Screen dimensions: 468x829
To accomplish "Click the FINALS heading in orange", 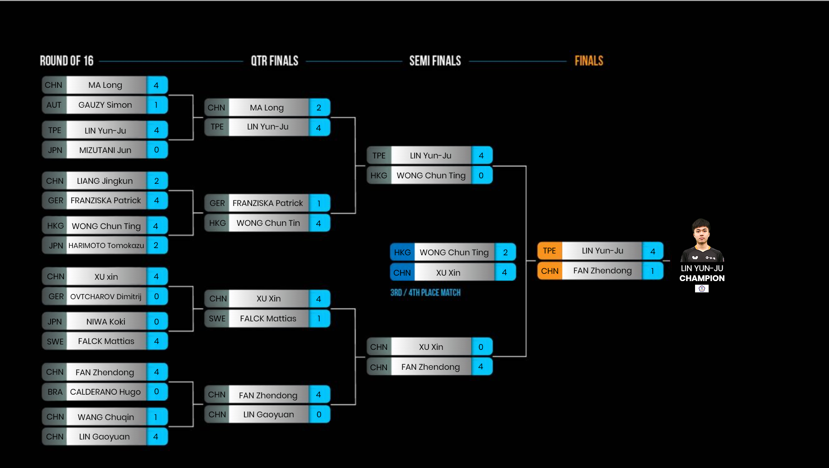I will click(589, 61).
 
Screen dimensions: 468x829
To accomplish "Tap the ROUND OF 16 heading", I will click(67, 61).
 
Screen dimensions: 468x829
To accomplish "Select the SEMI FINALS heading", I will click(435, 61).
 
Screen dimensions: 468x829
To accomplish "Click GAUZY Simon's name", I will click(105, 105).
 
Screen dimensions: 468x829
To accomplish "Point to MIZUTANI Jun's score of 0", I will click(157, 150).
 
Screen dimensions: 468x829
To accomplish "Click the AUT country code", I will click(54, 105).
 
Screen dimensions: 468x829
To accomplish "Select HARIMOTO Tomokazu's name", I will click(106, 245).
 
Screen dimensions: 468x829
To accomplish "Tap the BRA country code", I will click(55, 392).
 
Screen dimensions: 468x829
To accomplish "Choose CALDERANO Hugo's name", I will click(105, 392).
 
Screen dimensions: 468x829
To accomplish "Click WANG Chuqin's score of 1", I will click(156, 417).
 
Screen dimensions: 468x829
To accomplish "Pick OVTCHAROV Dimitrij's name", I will click(106, 296).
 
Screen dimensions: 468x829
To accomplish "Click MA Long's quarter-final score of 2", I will click(319, 108).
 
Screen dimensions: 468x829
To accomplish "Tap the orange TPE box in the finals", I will click(549, 251).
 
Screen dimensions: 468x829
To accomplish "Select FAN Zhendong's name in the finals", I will click(602, 271).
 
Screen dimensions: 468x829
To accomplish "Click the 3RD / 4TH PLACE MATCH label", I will click(425, 292).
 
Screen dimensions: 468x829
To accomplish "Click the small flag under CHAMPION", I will click(702, 288).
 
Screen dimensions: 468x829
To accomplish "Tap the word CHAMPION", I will click(702, 278).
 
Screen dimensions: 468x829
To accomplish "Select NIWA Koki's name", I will click(106, 322).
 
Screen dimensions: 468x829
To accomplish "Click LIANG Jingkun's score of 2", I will click(157, 181).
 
